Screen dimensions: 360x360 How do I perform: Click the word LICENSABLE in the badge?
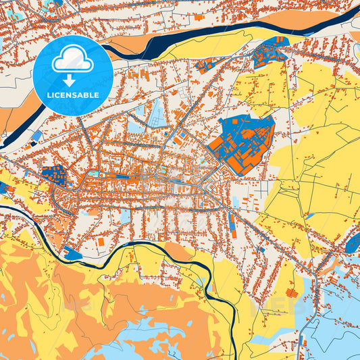click(x=72, y=95)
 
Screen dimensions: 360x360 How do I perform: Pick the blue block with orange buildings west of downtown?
click(x=57, y=175)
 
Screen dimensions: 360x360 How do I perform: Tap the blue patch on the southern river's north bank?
click(x=73, y=254)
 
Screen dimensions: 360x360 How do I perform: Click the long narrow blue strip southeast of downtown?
click(x=232, y=220)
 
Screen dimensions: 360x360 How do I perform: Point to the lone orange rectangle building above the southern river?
click(x=101, y=240)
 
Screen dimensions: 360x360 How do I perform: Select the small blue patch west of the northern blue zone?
click(x=206, y=65)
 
